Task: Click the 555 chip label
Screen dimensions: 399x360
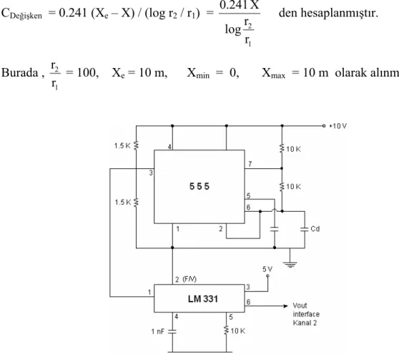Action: [199, 186]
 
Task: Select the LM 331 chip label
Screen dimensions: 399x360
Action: [203, 298]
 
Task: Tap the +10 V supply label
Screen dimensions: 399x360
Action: [338, 126]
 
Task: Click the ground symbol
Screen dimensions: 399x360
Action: [290, 265]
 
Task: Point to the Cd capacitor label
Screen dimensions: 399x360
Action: [315, 229]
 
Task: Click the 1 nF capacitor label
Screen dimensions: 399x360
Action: [157, 331]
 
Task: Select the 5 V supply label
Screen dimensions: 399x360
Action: [267, 269]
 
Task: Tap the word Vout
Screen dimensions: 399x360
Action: [300, 305]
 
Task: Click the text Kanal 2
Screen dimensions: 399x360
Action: [305, 323]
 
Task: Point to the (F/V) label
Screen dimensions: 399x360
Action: [189, 279]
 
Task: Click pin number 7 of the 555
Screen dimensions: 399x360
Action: [250, 164]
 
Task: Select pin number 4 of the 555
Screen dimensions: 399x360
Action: [169, 147]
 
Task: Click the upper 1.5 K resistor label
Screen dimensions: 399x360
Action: [122, 146]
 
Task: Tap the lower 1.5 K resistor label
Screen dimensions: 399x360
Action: [123, 203]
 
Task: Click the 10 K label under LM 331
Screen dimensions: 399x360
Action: [238, 331]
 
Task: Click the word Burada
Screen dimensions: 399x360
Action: [19, 72]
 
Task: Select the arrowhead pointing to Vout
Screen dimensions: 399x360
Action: [286, 306]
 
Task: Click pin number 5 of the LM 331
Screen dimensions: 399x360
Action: [231, 317]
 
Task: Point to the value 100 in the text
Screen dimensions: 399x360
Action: [87, 72]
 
